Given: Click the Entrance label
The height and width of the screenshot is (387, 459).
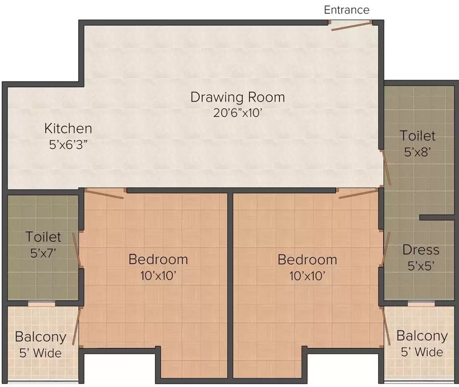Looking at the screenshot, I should [346, 10].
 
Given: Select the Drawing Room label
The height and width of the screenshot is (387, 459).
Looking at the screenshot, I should [238, 97].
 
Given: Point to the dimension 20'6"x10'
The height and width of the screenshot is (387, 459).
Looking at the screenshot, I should [238, 113].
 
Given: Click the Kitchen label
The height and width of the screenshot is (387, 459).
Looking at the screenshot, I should [68, 128].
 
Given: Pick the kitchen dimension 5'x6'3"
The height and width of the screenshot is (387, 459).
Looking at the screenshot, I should [68, 143].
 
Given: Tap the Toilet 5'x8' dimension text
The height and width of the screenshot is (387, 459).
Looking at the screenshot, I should [418, 152].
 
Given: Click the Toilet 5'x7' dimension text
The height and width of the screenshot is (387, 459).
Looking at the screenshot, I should [43, 252].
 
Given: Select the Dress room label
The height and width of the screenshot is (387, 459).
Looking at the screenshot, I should [421, 250].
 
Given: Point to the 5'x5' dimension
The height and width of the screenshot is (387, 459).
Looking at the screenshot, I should [421, 266].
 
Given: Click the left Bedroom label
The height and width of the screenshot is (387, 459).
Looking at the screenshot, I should [158, 260].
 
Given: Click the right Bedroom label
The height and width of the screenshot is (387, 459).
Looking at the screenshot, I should [307, 260].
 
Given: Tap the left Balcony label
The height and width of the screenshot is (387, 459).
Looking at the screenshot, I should [40, 337].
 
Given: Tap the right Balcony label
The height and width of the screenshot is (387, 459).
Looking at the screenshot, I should [422, 336].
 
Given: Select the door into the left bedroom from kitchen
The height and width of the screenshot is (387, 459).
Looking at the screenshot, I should [105, 193].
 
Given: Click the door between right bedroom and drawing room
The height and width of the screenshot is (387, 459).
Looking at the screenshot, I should [357, 193].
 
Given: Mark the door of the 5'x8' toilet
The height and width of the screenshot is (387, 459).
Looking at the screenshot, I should [385, 169].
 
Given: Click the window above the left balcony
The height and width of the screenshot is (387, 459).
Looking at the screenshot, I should [41, 304].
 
